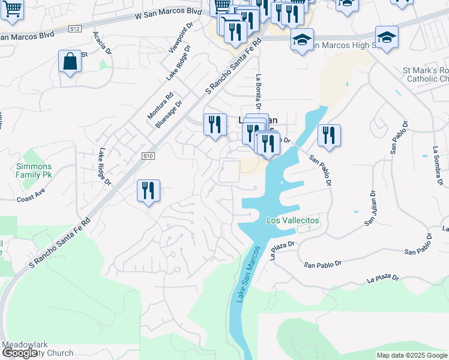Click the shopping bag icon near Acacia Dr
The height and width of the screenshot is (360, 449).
click(70, 62)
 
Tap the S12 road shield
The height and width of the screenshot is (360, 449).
click(75, 28)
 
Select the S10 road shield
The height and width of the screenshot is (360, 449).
click(149, 156)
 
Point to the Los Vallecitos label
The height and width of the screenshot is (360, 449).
click(293, 220)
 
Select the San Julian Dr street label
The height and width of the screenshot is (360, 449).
click(370, 208)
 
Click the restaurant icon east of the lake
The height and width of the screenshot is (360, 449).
click(329, 136)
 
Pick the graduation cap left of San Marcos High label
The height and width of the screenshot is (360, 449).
click(302, 40)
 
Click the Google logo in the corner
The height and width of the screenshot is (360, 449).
click(20, 353)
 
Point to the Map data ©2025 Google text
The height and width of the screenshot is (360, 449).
click(412, 355)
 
